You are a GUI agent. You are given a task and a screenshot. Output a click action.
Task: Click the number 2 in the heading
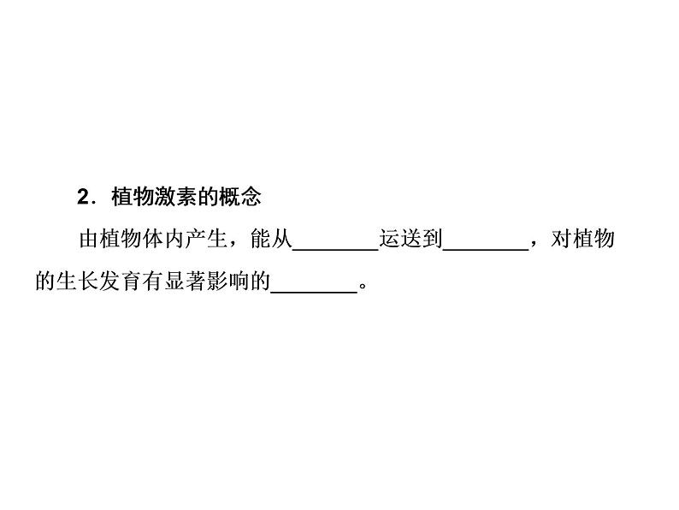[x=83, y=198]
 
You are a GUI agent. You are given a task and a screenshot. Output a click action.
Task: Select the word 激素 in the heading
[x=174, y=198]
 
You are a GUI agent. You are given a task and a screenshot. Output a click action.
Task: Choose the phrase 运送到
[x=410, y=240]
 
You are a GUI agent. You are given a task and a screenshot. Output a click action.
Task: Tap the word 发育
[x=121, y=283]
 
